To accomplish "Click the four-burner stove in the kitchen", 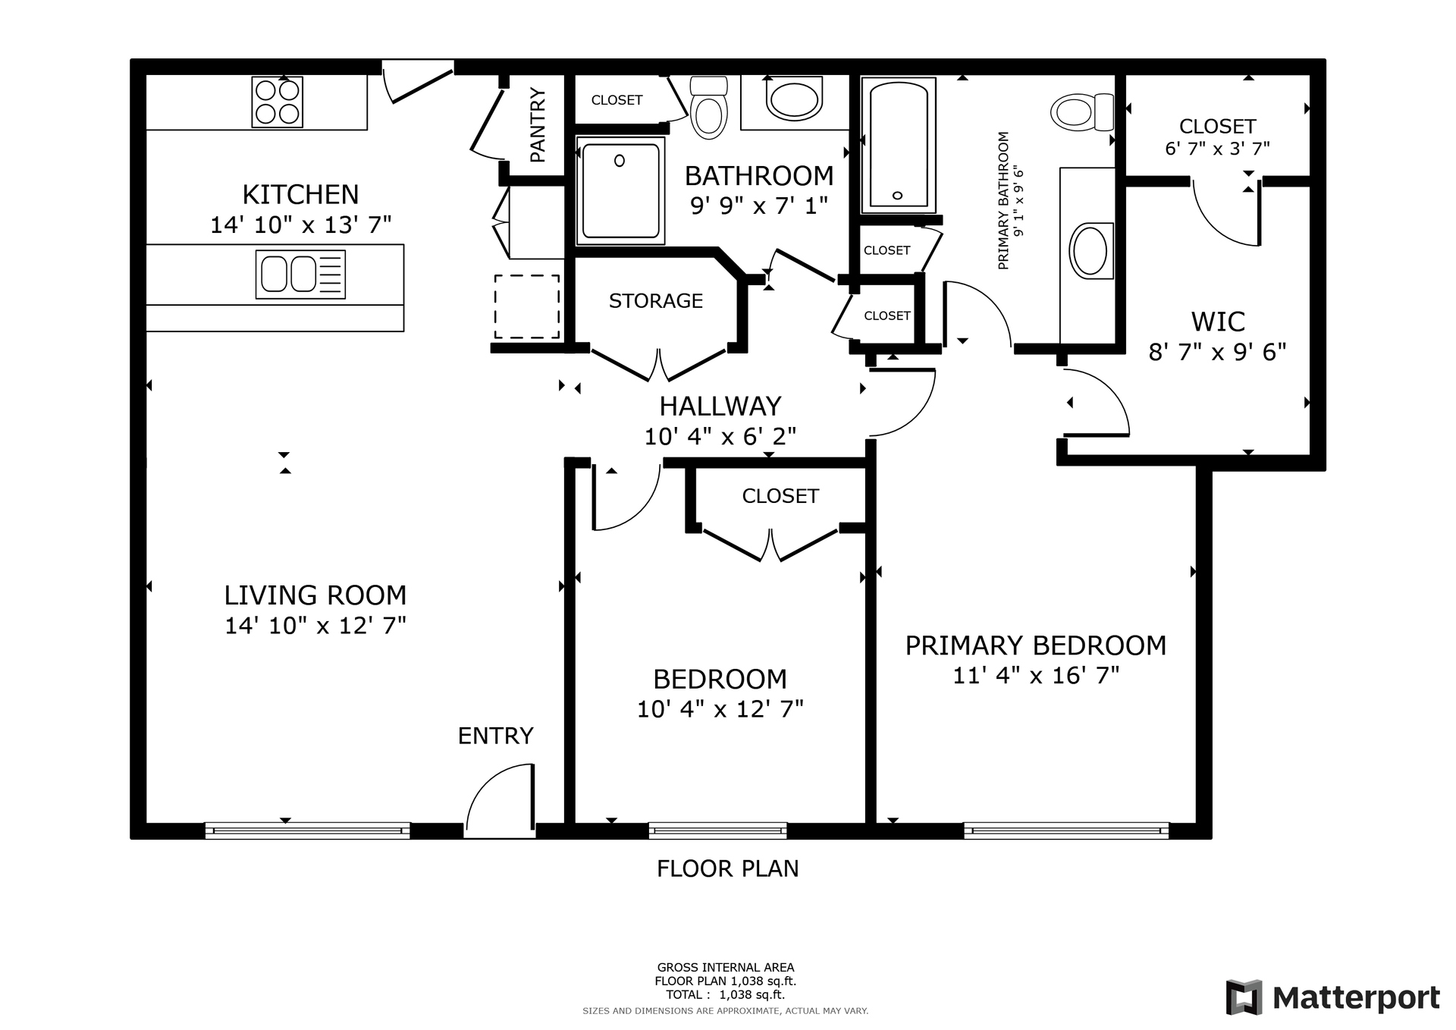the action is click(278, 102).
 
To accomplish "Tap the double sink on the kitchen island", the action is click(300, 274).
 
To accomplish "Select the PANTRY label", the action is click(538, 125).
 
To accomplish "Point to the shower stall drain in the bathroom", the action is click(620, 161).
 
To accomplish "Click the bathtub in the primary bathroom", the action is click(898, 145).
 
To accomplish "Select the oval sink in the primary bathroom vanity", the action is click(1090, 250).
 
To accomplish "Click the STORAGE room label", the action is click(656, 301).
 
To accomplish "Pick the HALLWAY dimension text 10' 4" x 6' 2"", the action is click(720, 436).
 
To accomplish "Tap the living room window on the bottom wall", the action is click(308, 831).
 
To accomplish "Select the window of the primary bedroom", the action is click(1066, 831).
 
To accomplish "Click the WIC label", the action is click(1218, 322).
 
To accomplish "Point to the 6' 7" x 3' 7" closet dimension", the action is click(1217, 149).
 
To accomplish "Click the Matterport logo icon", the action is click(1244, 997).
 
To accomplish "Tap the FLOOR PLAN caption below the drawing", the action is click(728, 868).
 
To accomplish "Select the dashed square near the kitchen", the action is click(527, 306).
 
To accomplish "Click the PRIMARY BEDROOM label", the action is click(1036, 645).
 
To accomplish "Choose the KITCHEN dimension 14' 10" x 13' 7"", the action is click(301, 225).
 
